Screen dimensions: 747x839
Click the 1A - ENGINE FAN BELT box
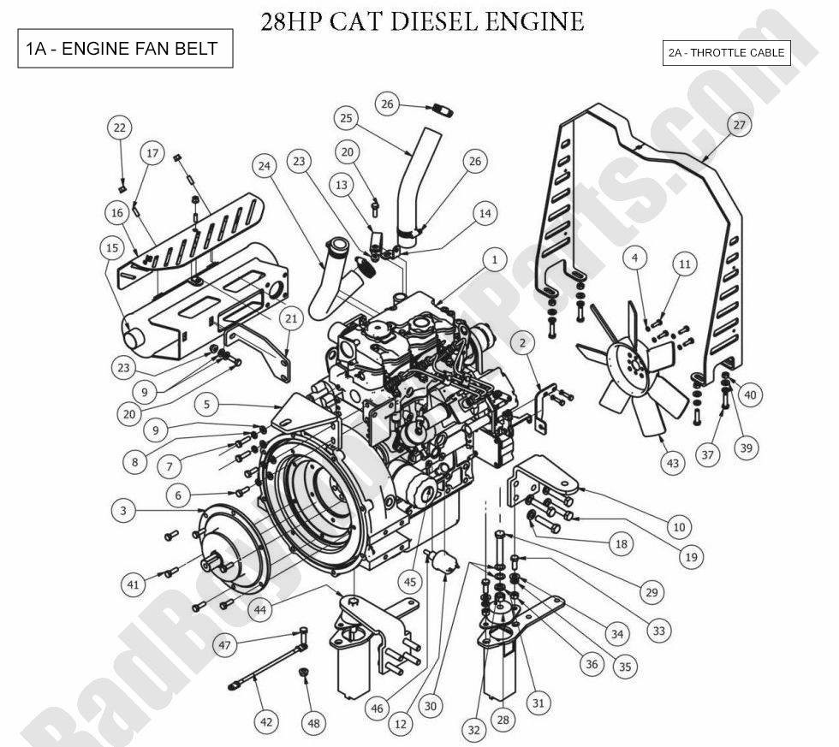[125, 49]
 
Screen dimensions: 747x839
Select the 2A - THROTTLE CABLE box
[726, 53]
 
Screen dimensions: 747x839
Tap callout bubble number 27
[739, 125]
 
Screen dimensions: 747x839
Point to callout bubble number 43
[673, 463]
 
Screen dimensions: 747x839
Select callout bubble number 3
[124, 511]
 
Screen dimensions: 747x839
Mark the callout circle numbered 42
[266, 722]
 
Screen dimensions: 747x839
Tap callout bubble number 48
[314, 723]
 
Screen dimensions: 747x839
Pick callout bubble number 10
[679, 526]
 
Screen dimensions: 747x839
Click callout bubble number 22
[120, 128]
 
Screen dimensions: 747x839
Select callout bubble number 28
[503, 720]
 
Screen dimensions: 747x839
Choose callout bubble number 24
[265, 165]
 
